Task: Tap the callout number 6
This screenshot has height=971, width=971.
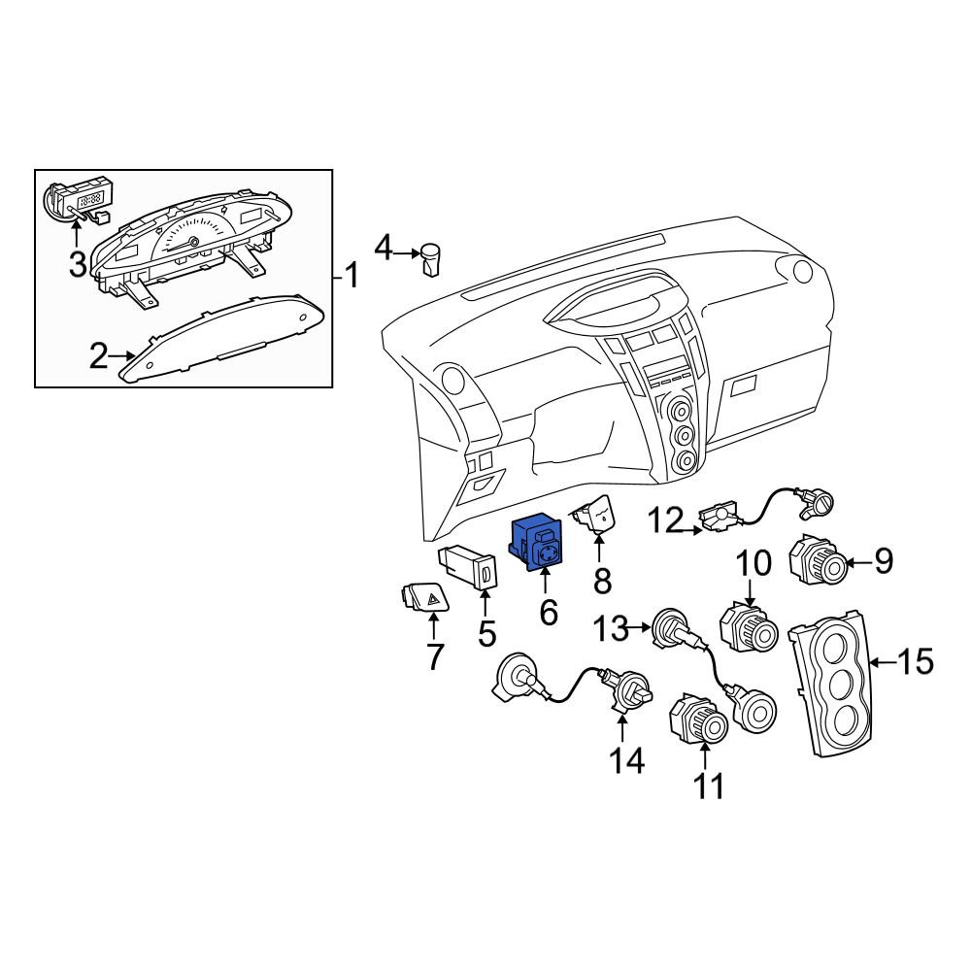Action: click(549, 613)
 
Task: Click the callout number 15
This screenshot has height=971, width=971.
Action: click(916, 661)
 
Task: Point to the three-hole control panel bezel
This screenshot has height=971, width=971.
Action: click(833, 683)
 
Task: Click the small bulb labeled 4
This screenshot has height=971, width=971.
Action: click(430, 259)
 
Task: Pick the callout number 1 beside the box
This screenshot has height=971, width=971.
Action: click(352, 275)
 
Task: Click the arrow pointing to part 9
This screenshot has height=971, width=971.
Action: click(858, 563)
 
